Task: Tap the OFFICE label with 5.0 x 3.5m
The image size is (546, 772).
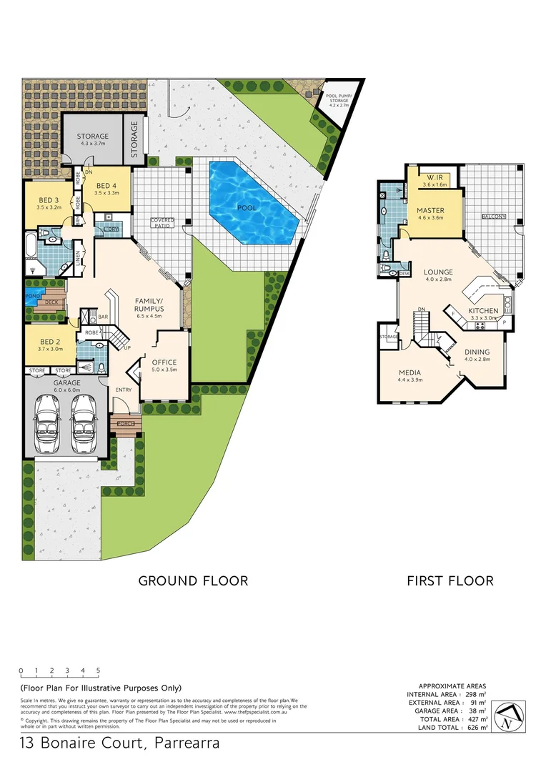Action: tap(164, 365)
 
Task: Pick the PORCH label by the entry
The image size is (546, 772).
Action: tap(126, 424)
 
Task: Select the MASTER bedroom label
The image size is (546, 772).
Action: tap(430, 214)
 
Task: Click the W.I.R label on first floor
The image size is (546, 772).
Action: tap(435, 181)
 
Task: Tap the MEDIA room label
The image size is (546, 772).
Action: tap(409, 376)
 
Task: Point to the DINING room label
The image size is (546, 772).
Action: tap(477, 355)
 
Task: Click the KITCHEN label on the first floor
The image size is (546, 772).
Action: tap(483, 314)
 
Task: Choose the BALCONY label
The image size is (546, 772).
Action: tap(494, 216)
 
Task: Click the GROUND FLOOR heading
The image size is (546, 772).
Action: tap(193, 580)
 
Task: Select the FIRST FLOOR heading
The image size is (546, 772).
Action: tap(450, 580)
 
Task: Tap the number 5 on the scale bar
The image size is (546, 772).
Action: tap(98, 670)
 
